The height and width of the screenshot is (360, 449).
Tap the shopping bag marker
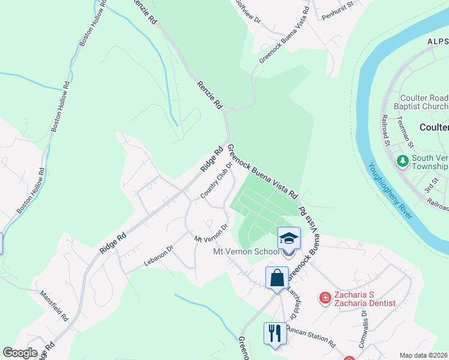coord(277,278)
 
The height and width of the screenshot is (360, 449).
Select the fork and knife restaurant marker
coord(275,333)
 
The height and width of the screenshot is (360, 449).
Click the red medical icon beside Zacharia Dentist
coord(325,297)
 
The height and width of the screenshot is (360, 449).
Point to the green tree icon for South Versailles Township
coord(402,161)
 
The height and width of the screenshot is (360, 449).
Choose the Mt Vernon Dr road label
coord(211,233)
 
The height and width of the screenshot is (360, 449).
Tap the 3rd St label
coord(430,185)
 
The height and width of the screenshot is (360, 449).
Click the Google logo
coord(20,353)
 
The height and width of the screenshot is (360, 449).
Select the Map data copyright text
coord(423,355)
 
